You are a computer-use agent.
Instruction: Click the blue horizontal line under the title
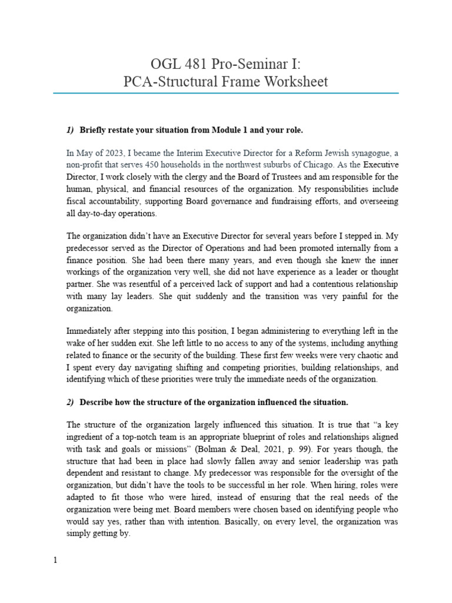(x=225, y=93)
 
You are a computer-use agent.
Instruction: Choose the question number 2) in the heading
(x=71, y=402)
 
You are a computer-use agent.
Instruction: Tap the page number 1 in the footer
(x=56, y=561)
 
